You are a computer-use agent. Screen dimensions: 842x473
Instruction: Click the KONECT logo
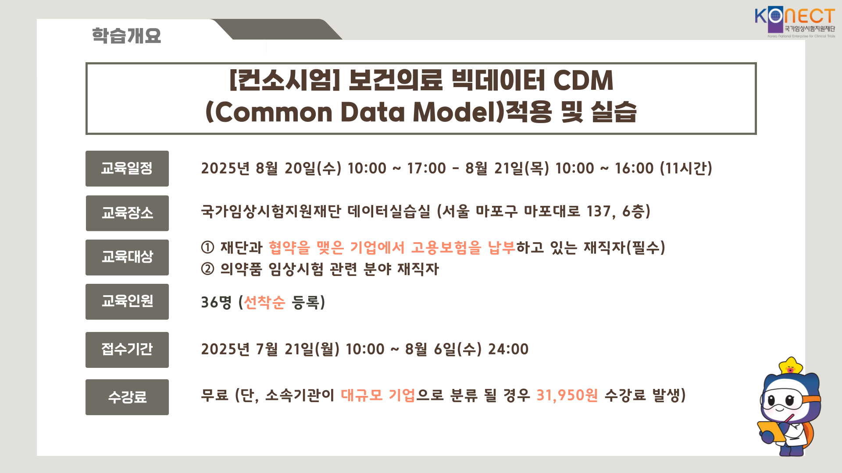(795, 22)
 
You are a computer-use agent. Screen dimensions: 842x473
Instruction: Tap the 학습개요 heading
(126, 35)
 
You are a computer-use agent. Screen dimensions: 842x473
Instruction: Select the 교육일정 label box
(127, 169)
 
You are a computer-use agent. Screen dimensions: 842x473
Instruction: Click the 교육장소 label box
(127, 213)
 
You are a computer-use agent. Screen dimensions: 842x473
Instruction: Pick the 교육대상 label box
(127, 258)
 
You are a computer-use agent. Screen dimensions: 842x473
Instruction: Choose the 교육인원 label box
(127, 302)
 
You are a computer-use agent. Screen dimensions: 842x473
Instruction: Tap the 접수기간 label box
(127, 350)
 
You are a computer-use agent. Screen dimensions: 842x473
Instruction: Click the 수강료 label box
(127, 397)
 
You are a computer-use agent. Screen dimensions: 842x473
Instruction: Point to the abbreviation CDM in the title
(583, 81)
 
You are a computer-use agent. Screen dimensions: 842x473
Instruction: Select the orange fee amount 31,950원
(567, 395)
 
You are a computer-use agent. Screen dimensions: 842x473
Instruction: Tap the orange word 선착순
(264, 302)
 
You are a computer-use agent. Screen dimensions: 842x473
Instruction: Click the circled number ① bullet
(207, 248)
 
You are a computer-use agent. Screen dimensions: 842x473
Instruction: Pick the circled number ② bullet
(207, 269)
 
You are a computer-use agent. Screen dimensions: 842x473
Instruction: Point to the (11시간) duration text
(686, 169)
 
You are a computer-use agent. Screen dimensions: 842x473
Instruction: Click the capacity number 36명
(216, 302)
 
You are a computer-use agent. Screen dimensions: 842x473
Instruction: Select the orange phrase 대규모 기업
(378, 395)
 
